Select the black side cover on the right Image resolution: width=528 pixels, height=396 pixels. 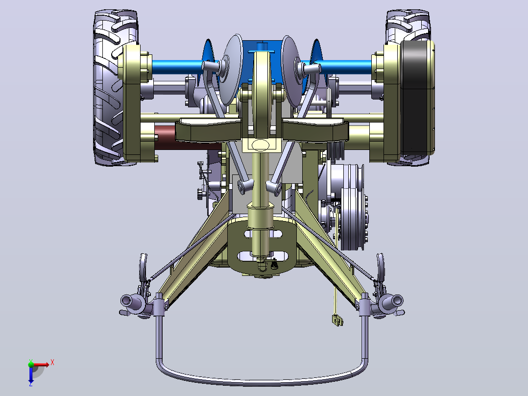417,98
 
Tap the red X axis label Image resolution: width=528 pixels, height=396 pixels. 52,363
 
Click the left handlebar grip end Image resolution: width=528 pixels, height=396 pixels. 125,299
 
